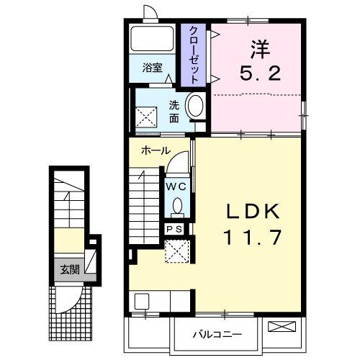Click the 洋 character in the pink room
coord(260,50)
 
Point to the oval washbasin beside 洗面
coord(194,108)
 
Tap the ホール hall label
coord(156,150)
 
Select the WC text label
coord(176,186)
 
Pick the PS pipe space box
coord(175,229)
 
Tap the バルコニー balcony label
coord(216,334)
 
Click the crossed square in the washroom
coord(147,113)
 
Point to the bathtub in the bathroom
coord(153,40)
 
